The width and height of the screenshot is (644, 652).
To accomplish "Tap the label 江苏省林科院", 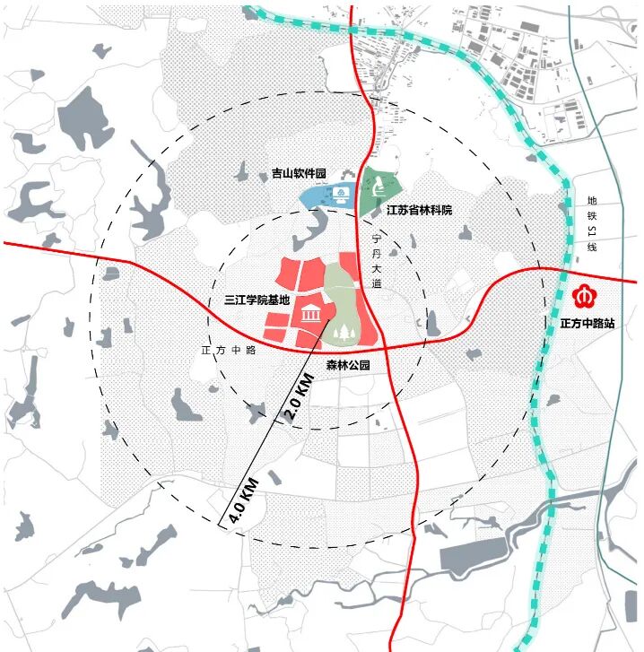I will [x=418, y=210].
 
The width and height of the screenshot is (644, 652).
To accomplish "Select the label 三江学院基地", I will [x=257, y=302].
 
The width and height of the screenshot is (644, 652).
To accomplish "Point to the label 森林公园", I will [x=348, y=365].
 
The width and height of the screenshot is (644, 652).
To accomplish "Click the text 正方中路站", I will [x=583, y=322].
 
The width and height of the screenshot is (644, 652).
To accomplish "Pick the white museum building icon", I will [x=311, y=314].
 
